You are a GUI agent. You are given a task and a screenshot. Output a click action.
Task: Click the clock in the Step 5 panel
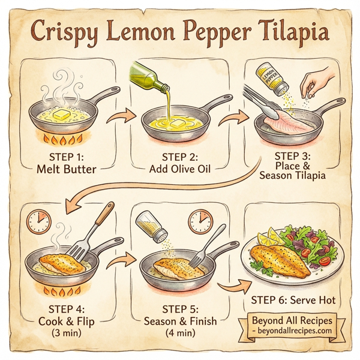click(200, 222)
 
